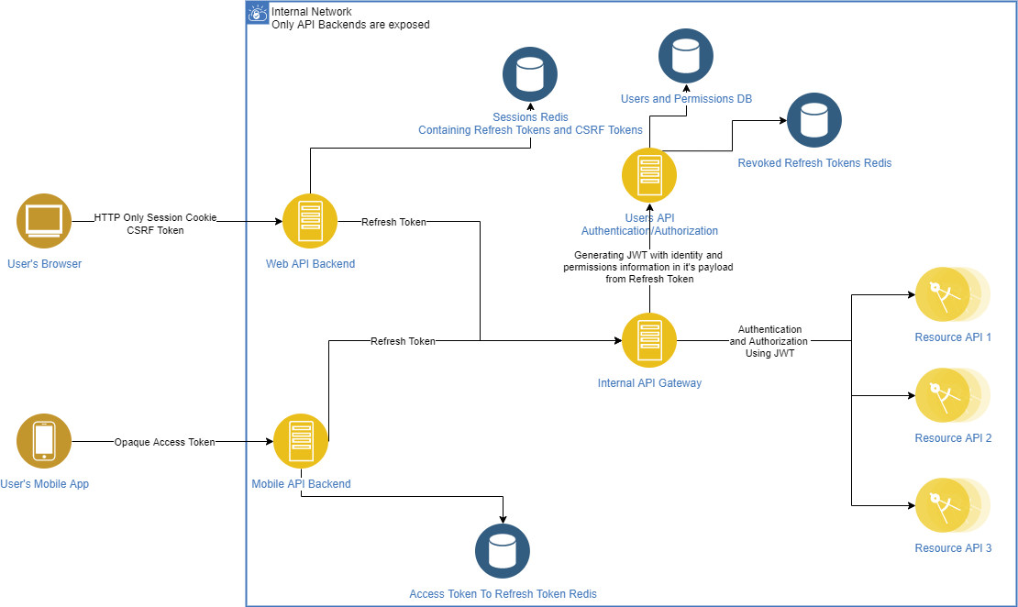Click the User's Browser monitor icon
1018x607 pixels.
(x=43, y=221)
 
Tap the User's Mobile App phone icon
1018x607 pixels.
(x=43, y=441)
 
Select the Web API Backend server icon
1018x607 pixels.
(x=310, y=221)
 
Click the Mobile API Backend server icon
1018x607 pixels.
(x=301, y=441)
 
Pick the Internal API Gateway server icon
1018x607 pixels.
(x=649, y=340)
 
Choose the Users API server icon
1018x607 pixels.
(x=649, y=175)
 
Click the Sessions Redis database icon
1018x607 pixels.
(x=530, y=74)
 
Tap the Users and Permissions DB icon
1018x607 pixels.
(x=686, y=56)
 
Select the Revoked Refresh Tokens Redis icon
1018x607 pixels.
(x=814, y=120)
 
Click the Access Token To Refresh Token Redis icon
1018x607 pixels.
(x=503, y=550)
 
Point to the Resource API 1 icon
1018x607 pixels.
(x=953, y=294)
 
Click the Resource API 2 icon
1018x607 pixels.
(x=953, y=395)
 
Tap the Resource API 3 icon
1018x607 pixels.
(x=953, y=505)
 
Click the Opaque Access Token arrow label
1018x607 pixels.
(x=164, y=442)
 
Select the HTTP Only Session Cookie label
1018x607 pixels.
(x=155, y=217)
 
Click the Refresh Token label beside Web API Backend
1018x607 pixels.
(x=393, y=222)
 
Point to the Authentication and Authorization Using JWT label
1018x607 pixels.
(x=769, y=341)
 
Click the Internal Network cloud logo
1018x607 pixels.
(x=258, y=13)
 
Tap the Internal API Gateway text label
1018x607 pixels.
(x=649, y=383)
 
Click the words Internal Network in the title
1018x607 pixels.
(x=312, y=12)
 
